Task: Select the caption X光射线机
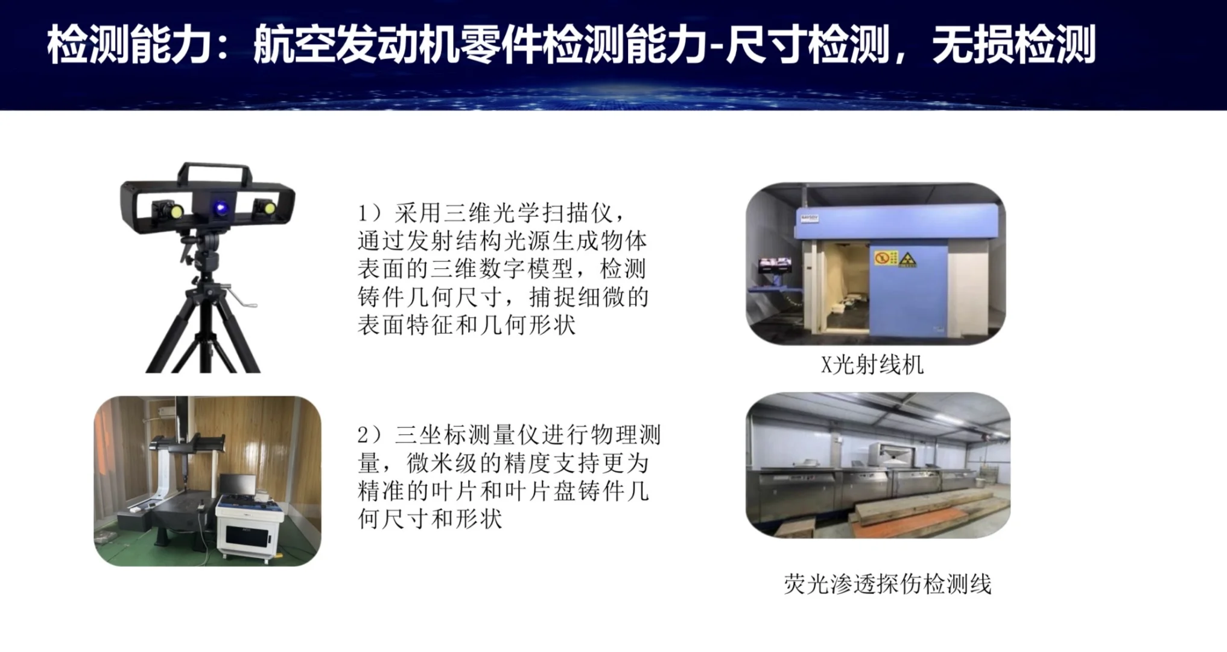pos(872,365)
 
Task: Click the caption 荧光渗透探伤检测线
pos(887,584)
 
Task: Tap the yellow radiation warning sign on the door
pos(907,260)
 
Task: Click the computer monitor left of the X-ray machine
pos(775,264)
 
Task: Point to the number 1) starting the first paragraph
pos(369,213)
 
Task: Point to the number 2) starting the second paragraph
pos(369,435)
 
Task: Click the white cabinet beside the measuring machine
pos(249,529)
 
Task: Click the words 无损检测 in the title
pos(1013,45)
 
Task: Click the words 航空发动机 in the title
pos(355,45)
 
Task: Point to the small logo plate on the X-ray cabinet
pos(809,218)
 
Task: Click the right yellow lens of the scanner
pos(269,209)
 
